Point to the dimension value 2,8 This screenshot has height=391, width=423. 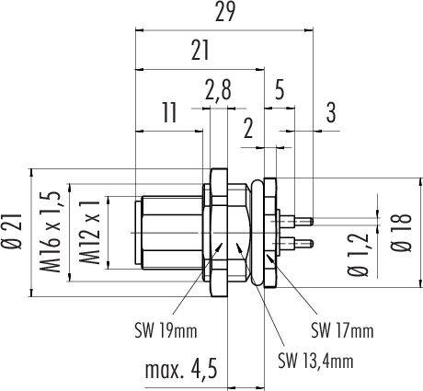coord(218,90)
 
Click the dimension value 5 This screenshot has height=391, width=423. coord(280,90)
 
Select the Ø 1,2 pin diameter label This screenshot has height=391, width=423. coord(361,252)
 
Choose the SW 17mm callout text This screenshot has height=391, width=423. coord(341,328)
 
